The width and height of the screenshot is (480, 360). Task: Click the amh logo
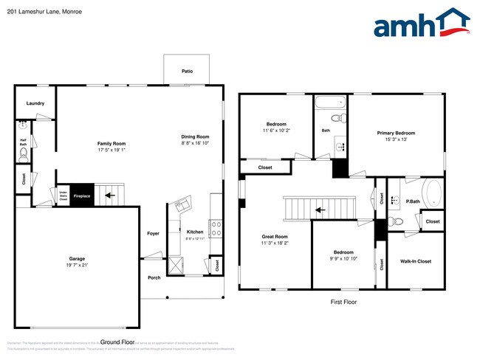422,24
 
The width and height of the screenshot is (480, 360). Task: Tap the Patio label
188,72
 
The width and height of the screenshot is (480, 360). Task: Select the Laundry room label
35,103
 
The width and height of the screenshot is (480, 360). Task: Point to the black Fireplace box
81,195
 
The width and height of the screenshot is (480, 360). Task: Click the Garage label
78,259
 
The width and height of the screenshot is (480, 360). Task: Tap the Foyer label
153,233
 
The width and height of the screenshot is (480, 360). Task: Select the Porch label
154,277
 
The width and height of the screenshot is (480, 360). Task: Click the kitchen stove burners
216,228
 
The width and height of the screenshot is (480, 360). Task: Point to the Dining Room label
196,136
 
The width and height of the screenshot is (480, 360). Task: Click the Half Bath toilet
24,154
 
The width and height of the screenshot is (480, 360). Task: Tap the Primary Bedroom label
396,133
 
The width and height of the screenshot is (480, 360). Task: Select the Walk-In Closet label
415,261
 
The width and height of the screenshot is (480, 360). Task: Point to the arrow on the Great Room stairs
318,210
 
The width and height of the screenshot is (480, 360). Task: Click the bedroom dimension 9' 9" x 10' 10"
343,259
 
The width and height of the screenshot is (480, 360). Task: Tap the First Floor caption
343,302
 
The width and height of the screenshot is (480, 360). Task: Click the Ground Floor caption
117,342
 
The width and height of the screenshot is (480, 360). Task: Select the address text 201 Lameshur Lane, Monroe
44,11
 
